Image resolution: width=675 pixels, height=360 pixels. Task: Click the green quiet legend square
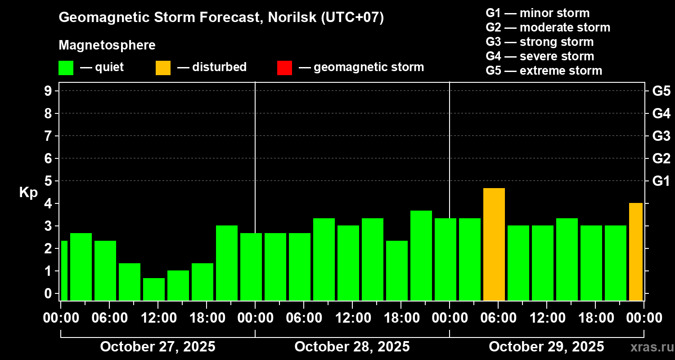66,68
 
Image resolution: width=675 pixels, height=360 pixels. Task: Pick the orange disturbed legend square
163,68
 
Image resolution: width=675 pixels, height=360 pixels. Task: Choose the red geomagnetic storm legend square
284,68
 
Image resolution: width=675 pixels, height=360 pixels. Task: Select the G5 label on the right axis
661,91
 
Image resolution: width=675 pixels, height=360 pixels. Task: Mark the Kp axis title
28,193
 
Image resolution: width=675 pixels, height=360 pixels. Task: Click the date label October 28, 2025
352,347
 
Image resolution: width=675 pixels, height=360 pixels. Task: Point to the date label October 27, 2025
157,347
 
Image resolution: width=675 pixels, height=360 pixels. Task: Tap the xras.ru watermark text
648,347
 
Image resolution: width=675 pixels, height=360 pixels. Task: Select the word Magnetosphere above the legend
107,45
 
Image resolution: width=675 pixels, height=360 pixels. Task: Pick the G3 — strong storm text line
540,42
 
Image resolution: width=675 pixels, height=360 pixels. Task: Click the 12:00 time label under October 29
547,318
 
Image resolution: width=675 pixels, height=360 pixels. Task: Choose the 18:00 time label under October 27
207,318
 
